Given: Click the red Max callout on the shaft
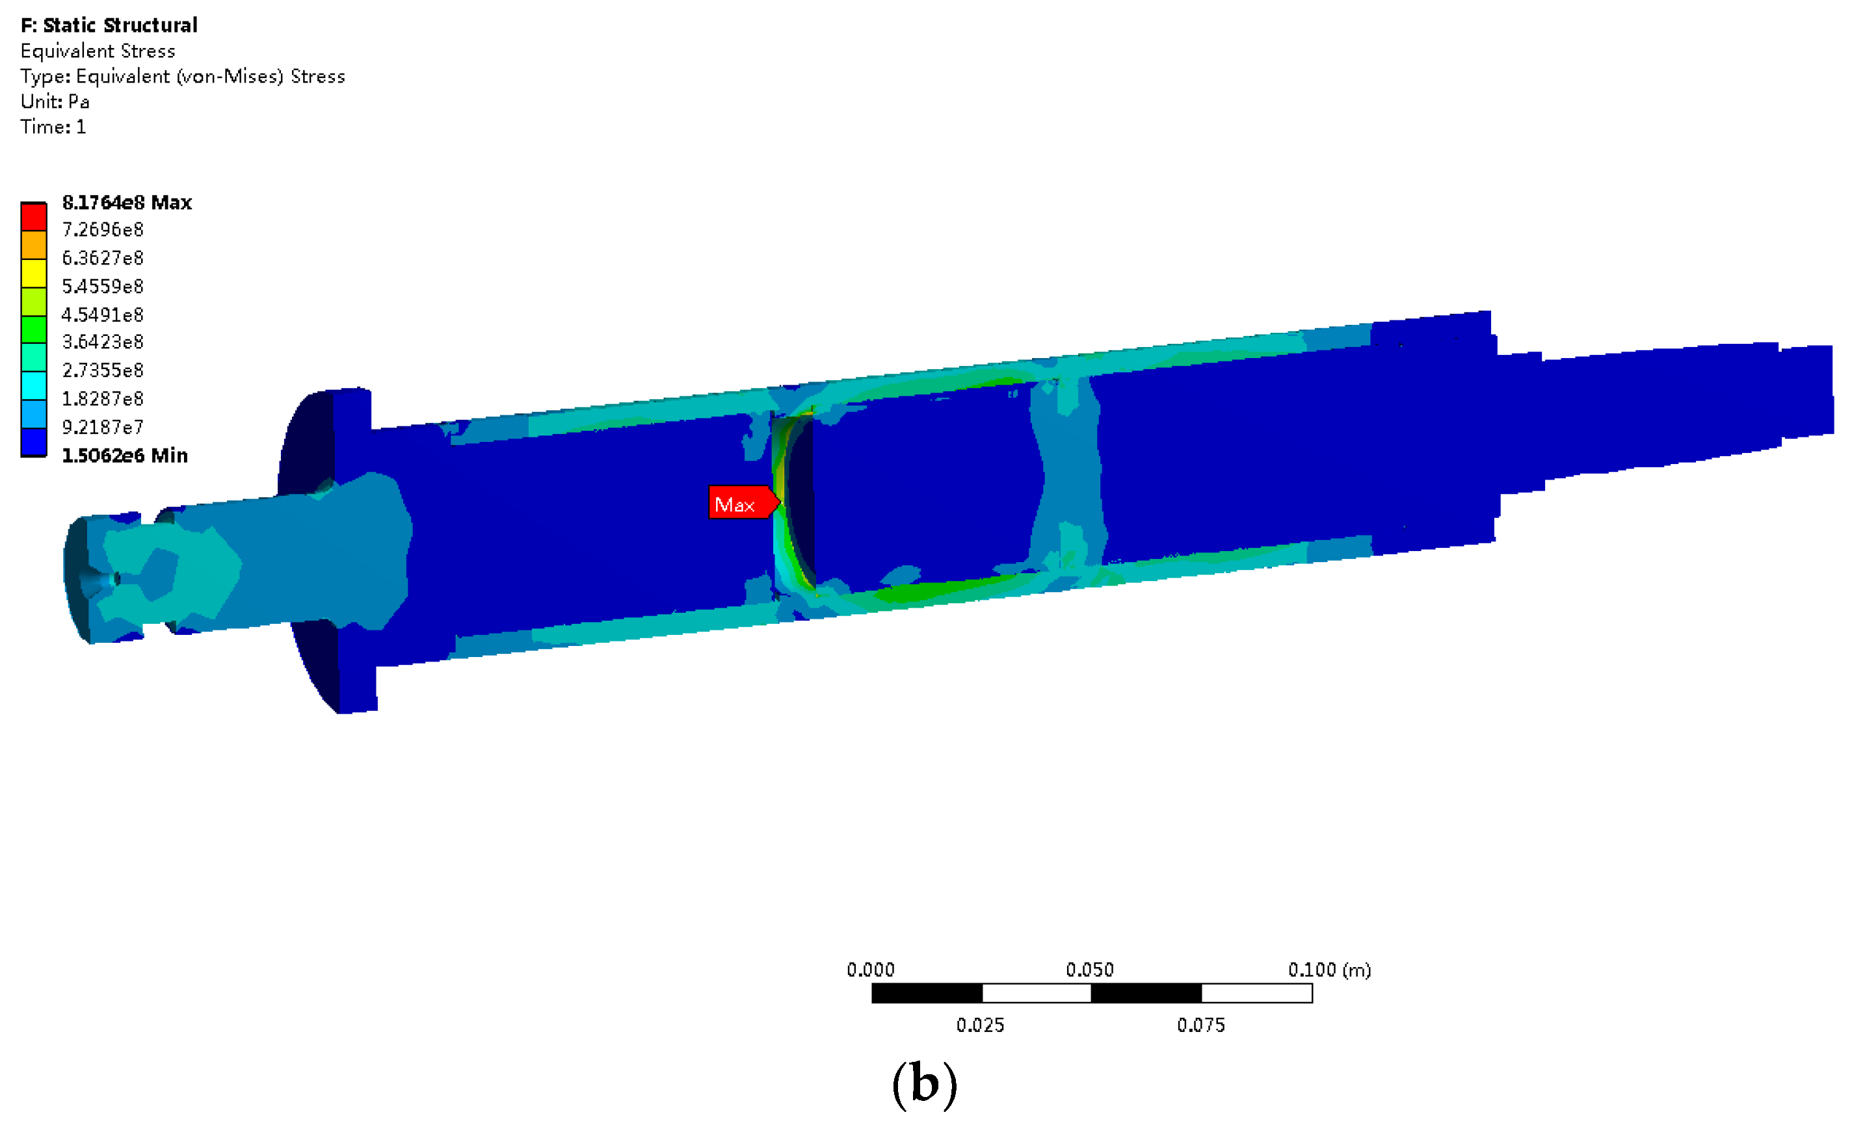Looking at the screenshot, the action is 743,502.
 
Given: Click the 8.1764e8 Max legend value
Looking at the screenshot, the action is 127,203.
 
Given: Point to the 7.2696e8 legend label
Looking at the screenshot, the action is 102,230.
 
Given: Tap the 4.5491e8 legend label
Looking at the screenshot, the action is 102,315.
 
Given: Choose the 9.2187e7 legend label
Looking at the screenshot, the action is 102,428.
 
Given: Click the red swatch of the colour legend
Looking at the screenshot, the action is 34,217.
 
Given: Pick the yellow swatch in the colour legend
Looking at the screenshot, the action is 34,274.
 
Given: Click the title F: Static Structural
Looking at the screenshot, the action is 109,25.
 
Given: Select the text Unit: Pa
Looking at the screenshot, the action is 55,101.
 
